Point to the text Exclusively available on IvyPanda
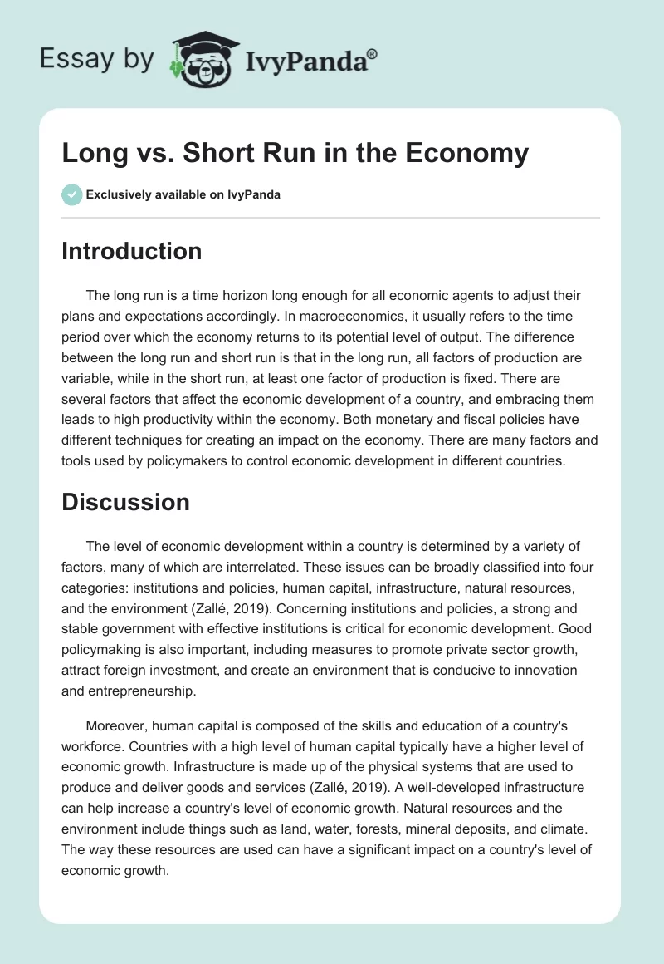tap(183, 195)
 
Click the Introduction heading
tap(131, 251)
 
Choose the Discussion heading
tap(125, 501)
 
